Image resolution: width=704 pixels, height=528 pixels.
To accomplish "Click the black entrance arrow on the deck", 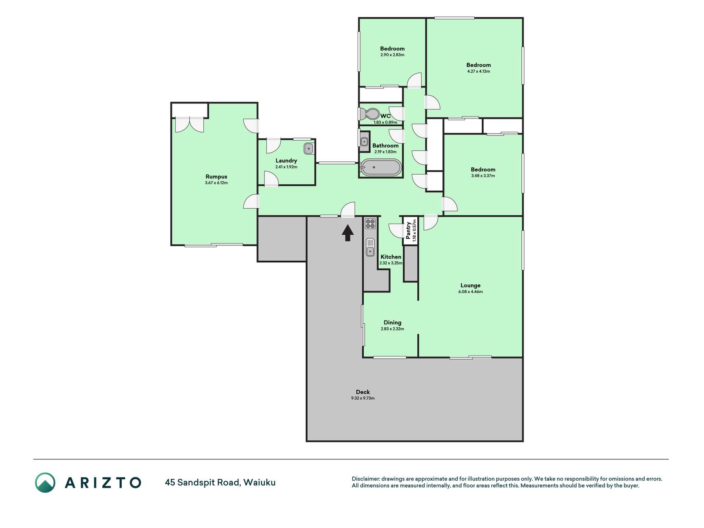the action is pos(348,233).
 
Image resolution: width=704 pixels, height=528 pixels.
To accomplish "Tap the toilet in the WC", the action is pos(370,114).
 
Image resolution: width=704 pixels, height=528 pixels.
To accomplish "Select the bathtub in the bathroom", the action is pos(380,167).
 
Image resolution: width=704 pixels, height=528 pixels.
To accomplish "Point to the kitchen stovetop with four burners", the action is pos(370,224).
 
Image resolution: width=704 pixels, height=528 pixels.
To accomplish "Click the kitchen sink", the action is pos(370,247).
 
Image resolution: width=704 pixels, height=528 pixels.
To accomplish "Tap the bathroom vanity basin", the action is pos(364,142).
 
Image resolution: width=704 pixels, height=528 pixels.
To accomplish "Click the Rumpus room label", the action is pos(216,177).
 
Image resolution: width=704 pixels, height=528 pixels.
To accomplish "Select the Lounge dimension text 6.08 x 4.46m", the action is pos(470,292).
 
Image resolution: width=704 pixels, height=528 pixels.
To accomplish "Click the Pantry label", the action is pos(408,231).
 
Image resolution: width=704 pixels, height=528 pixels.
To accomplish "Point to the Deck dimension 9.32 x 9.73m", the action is pos(363,398).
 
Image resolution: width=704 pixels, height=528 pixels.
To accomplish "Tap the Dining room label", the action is pos(392,323).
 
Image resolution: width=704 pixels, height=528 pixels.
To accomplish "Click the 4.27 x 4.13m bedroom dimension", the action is pos(478,71).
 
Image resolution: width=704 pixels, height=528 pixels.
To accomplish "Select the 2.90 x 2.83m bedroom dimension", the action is pos(392,55).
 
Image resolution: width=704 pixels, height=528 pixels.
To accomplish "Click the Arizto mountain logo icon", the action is pos(45,483).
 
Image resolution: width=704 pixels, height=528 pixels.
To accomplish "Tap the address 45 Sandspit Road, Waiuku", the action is pos(220,482).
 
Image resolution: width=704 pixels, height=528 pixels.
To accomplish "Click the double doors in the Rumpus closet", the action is pos(189,125).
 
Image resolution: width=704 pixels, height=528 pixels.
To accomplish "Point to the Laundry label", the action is pos(286,160).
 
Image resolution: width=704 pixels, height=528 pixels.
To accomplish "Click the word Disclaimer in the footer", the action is pos(365,479).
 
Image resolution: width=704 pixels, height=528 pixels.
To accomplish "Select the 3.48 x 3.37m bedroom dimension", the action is pos(483,176).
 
